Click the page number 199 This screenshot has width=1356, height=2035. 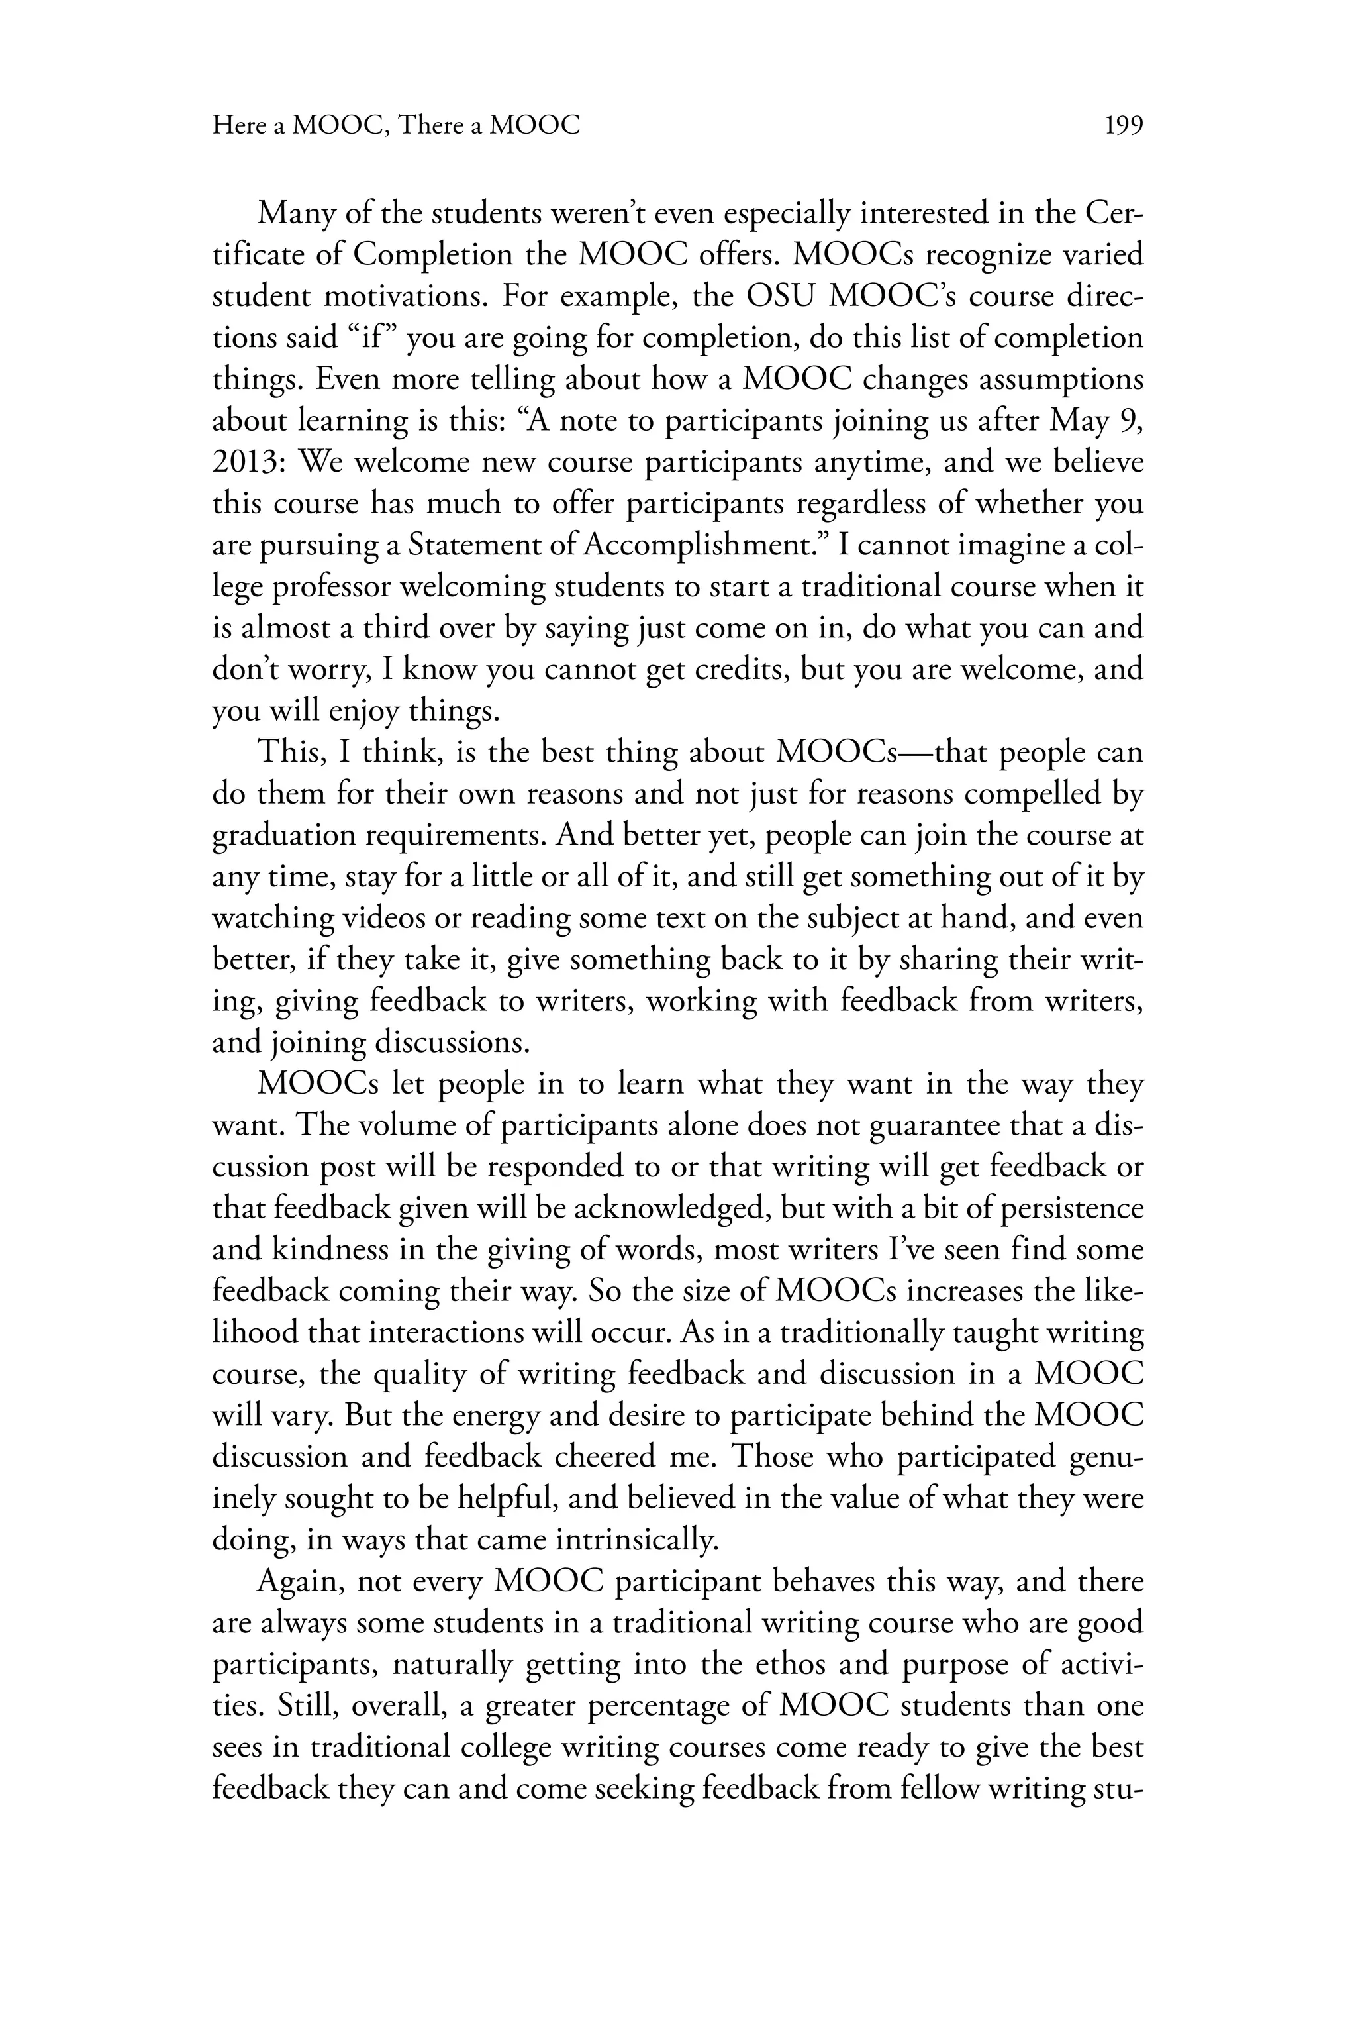1124,127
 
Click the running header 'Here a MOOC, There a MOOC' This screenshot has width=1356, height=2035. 396,127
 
